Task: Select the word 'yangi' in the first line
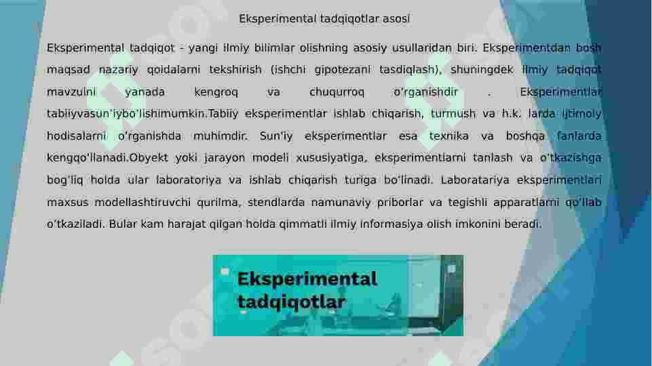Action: (x=202, y=48)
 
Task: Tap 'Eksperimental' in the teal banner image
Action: (x=307, y=279)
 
